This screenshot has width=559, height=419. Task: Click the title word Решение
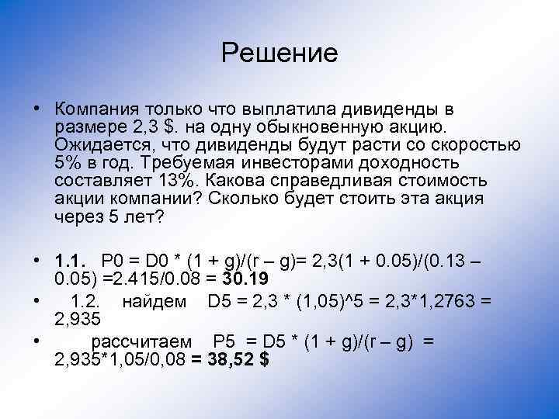coord(279,53)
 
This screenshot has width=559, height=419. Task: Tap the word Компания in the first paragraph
coord(98,107)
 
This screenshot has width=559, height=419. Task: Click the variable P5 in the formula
coord(223,342)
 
